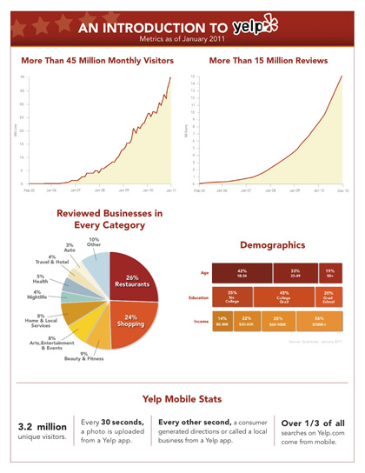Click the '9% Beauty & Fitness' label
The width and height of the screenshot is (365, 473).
[81, 356]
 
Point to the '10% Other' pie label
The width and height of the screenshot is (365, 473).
[94, 243]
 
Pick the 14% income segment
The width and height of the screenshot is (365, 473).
[222, 322]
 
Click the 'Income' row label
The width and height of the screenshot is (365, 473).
[198, 322]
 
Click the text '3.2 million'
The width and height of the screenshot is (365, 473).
[37, 427]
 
